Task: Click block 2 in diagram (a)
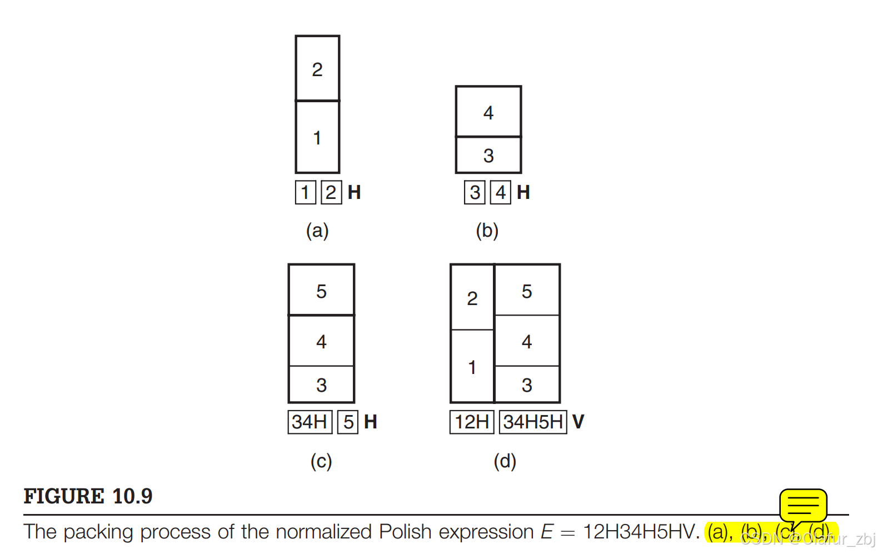point(317,69)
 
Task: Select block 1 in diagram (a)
point(317,137)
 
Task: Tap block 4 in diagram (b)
point(488,112)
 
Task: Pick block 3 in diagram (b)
point(488,156)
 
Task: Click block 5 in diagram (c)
point(321,291)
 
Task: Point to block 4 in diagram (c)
point(321,341)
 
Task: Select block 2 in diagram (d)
point(472,298)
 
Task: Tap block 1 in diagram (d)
point(472,367)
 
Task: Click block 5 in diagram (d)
point(527,291)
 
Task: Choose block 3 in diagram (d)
point(527,385)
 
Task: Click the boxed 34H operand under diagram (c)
point(310,422)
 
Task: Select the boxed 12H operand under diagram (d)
point(472,422)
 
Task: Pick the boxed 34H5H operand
point(533,422)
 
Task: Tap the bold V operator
point(578,422)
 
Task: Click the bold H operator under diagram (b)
point(523,192)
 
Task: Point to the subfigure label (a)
point(317,230)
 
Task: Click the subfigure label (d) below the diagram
point(505,461)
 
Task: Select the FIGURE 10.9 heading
point(88,496)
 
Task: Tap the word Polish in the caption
point(405,532)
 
